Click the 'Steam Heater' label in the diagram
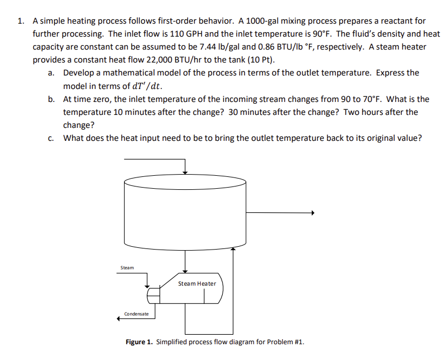pyautogui.click(x=197, y=283)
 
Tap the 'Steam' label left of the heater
pyautogui.click(x=127, y=268)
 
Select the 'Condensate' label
pyautogui.click(x=136, y=314)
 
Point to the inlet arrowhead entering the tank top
pyautogui.click(x=185, y=172)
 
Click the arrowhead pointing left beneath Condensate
pyautogui.click(x=120, y=319)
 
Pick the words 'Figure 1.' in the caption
pyautogui.click(x=139, y=342)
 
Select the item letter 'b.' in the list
pyautogui.click(x=51, y=99)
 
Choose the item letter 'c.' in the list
pyautogui.click(x=51, y=138)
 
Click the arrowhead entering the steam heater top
pyautogui.click(x=185, y=272)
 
